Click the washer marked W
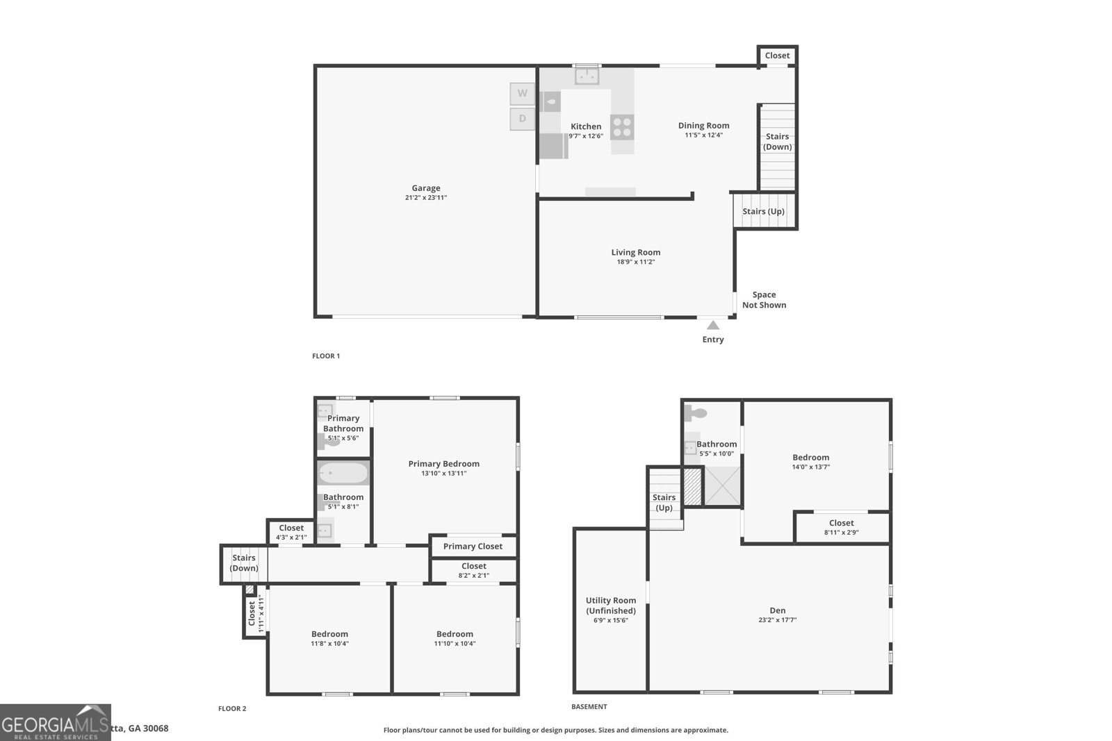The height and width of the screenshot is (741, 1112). point(522,93)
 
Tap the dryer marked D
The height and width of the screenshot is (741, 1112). point(522,119)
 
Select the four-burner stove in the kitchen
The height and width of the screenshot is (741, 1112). point(622,127)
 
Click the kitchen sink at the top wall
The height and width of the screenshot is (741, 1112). point(587,76)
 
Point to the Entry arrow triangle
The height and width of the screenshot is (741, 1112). point(713,325)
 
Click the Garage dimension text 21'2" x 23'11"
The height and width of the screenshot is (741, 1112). point(425,198)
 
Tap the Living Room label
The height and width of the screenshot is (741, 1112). point(635,253)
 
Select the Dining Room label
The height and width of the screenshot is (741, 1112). point(703,126)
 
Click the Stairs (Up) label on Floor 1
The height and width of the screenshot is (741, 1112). point(763,211)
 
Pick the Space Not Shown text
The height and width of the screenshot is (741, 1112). point(764,300)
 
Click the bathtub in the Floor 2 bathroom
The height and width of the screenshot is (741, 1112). point(343,473)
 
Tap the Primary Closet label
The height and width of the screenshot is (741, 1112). point(473,547)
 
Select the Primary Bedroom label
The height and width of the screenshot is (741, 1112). point(443,464)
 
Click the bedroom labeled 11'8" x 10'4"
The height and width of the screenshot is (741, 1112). point(329,638)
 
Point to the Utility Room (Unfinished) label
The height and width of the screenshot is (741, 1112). point(610,606)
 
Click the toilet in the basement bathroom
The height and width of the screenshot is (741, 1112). point(696,414)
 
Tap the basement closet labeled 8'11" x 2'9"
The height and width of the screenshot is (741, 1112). point(841,527)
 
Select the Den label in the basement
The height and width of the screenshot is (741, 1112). point(777,610)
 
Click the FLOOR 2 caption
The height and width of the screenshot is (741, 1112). point(232,709)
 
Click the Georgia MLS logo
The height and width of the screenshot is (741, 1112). point(55,722)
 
